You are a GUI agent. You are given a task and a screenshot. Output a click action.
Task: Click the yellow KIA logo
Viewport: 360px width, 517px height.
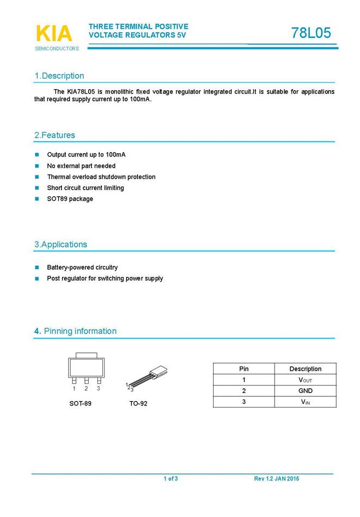click(53, 33)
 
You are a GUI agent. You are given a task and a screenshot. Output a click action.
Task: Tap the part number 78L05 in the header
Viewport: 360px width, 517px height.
click(311, 33)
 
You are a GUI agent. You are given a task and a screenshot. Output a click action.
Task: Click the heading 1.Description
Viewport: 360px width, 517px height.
click(59, 76)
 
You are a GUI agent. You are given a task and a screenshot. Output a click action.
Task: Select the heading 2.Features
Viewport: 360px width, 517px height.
click(54, 135)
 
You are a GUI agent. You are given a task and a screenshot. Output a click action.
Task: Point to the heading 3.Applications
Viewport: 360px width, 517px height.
click(60, 245)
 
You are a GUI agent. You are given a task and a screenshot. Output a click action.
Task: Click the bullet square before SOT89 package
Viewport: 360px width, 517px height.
click(37, 199)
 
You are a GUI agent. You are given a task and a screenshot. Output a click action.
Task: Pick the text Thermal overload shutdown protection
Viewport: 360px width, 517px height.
click(101, 177)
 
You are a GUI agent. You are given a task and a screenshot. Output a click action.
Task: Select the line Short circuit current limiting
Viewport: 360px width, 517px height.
click(85, 188)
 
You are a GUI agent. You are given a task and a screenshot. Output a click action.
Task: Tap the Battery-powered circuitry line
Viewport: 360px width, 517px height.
click(82, 267)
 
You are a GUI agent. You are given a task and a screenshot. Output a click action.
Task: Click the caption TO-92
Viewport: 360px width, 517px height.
click(138, 403)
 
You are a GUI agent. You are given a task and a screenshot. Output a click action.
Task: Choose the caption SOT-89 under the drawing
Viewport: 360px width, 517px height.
click(80, 403)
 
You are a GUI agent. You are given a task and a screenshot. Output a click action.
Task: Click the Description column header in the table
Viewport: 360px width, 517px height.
click(305, 369)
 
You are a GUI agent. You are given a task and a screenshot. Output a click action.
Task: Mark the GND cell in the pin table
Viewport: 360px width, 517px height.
click(305, 391)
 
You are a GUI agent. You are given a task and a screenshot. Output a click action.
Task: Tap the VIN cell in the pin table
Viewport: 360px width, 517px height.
click(305, 402)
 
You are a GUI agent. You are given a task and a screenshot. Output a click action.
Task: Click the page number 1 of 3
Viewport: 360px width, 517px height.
click(171, 478)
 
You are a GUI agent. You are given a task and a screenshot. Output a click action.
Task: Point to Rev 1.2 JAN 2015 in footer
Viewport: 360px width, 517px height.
click(276, 478)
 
